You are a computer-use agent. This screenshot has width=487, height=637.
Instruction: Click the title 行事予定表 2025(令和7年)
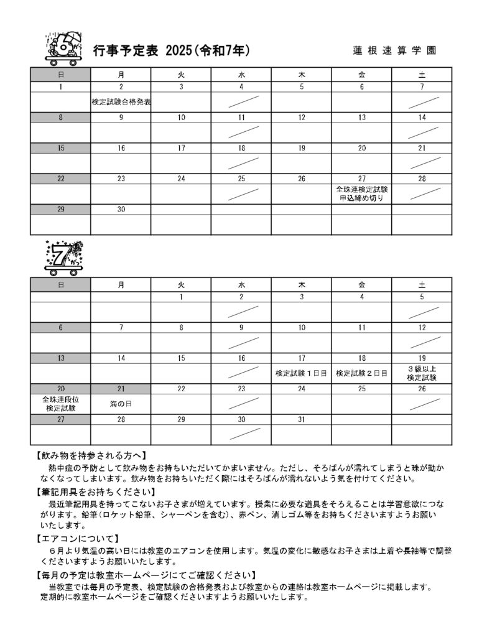click(171, 50)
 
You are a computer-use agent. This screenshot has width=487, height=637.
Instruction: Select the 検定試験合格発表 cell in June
click(121, 101)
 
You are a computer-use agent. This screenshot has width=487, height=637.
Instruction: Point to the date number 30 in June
click(121, 210)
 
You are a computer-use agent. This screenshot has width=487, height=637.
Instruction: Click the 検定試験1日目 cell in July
click(301, 373)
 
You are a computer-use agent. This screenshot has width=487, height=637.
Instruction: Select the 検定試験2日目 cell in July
click(361, 373)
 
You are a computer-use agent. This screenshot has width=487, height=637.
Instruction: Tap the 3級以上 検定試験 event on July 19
click(422, 373)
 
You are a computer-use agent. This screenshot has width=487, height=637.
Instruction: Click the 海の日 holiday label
click(121, 404)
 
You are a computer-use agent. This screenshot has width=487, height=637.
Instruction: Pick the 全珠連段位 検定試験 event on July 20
click(60, 404)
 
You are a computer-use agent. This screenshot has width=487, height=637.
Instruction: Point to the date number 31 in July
click(301, 419)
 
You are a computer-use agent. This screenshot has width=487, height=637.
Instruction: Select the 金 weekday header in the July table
click(361, 284)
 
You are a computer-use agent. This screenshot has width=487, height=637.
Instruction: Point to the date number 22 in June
click(60, 179)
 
